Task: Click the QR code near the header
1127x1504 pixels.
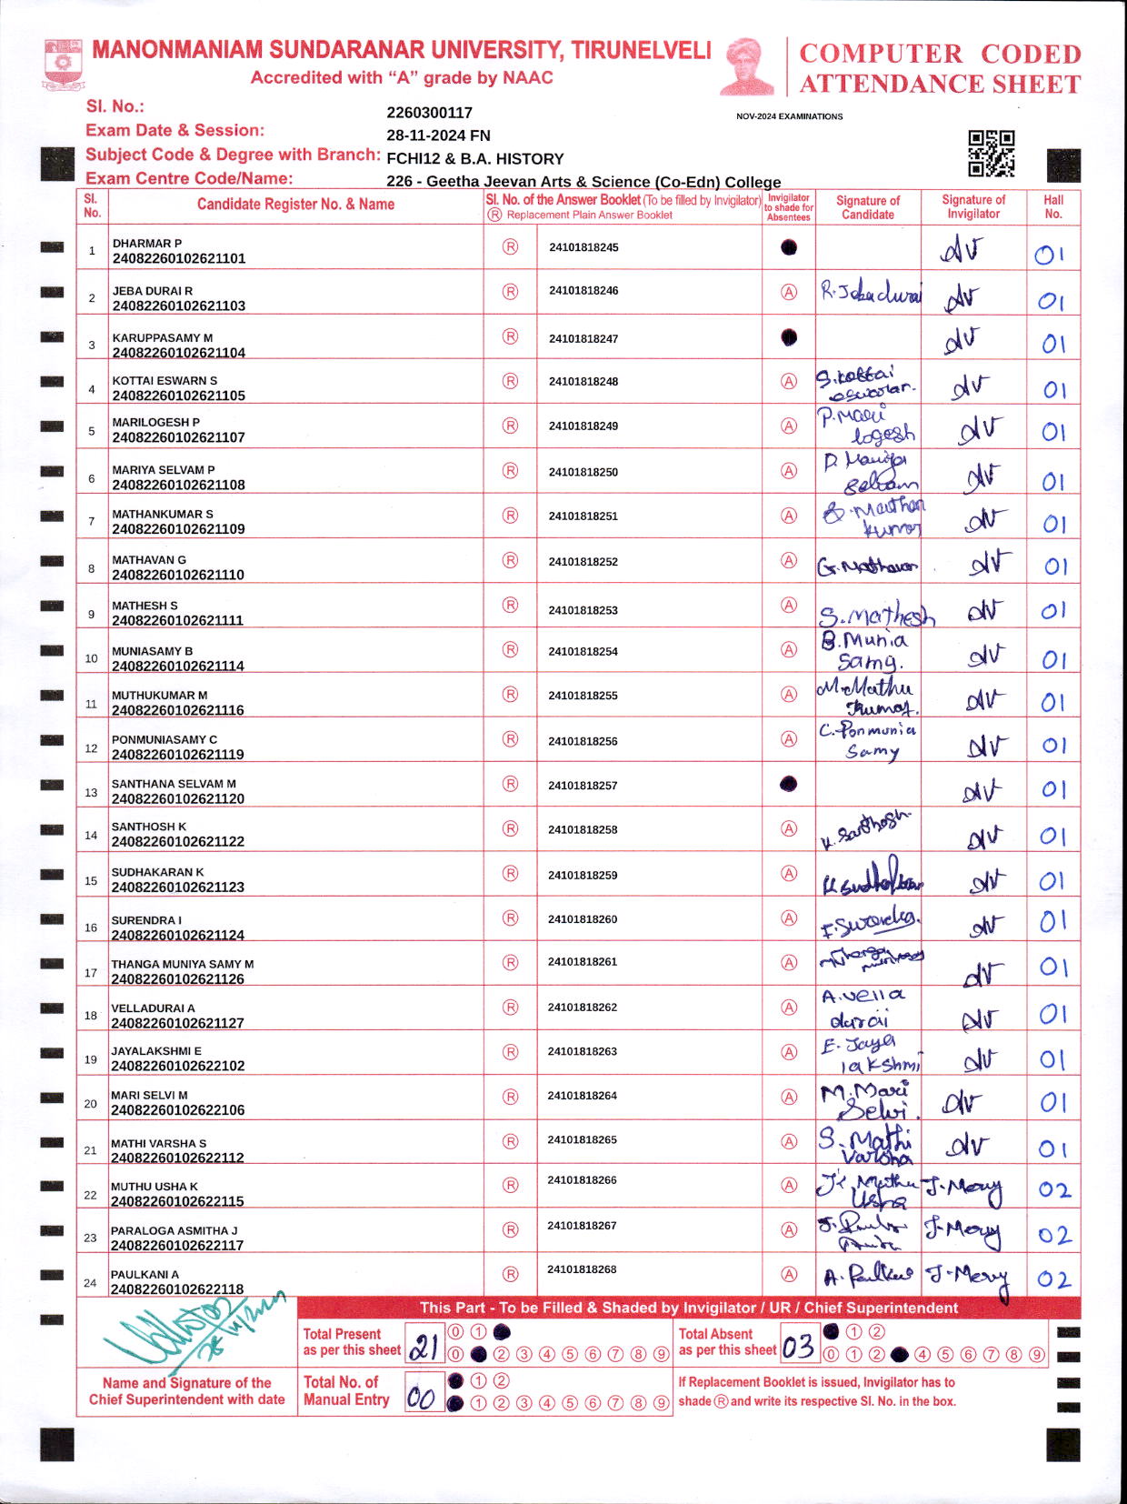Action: pos(991,153)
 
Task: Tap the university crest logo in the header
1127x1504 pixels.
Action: pos(63,63)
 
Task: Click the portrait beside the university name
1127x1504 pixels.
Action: pos(747,66)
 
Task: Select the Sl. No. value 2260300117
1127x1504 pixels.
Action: pos(429,113)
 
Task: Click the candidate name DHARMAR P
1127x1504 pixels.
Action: pos(146,244)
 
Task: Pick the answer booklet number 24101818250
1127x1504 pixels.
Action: pos(583,472)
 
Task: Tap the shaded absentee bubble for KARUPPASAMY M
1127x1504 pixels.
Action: pos(789,337)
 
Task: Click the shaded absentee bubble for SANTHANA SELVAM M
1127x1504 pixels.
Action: pos(789,784)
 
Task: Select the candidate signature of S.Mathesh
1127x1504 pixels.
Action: pos(875,617)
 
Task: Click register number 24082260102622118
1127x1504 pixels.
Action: pos(177,1288)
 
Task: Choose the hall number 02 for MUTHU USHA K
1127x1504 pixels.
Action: pos(1054,1189)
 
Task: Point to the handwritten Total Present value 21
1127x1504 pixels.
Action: pos(424,1346)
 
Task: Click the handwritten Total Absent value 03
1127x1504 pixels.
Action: pos(798,1346)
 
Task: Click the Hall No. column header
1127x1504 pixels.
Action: pos(1052,206)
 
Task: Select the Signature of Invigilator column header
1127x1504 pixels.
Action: pos(972,206)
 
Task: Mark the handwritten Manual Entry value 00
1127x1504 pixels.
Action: pos(421,1397)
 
